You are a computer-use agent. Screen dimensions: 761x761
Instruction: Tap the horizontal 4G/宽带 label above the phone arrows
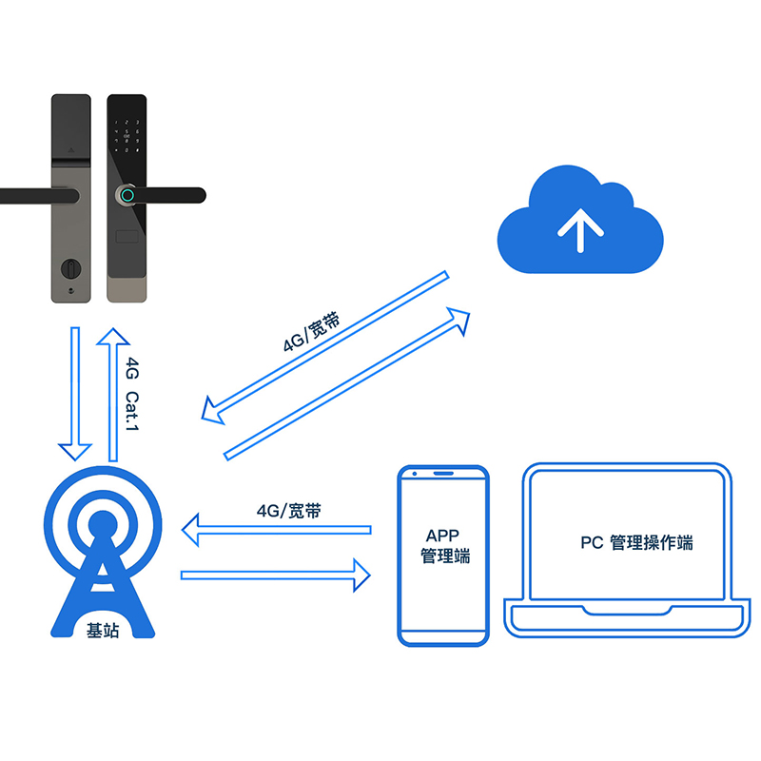click(288, 511)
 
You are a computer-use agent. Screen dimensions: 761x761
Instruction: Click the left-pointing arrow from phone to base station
click(276, 531)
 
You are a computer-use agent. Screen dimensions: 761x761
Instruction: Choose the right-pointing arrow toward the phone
click(276, 574)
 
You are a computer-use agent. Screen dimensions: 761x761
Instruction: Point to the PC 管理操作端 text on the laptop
click(636, 542)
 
